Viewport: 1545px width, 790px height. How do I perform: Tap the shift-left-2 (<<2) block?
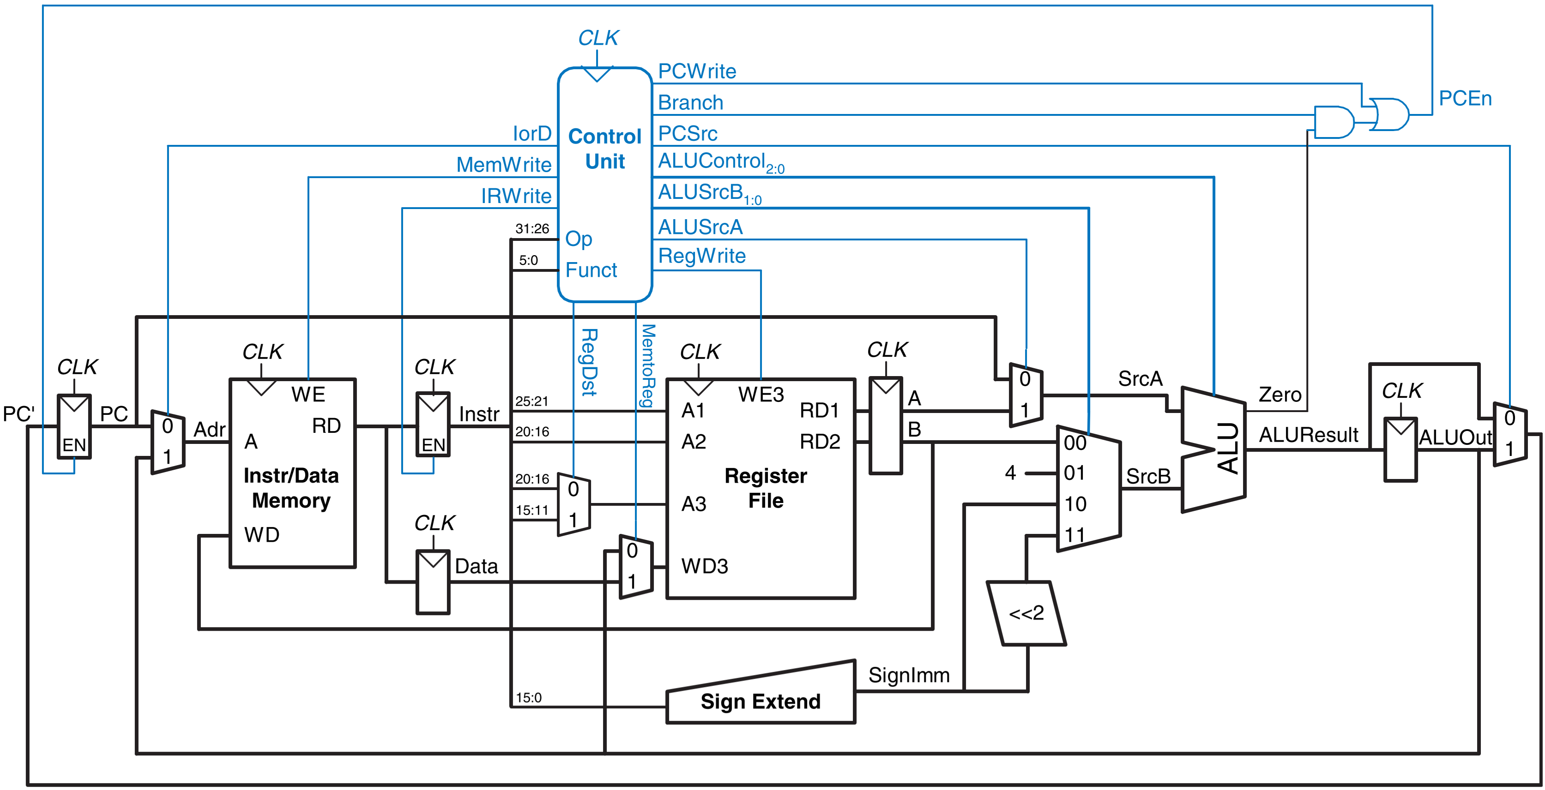1026,613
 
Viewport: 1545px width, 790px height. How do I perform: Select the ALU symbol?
1213,449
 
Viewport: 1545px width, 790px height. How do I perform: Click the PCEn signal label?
1465,98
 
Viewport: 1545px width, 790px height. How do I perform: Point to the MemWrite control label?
504,164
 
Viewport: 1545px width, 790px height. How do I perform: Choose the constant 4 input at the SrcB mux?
1011,473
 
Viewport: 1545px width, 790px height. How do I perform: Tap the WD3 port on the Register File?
705,566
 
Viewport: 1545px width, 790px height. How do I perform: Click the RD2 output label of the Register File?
820,442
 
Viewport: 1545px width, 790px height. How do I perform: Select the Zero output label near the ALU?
1280,395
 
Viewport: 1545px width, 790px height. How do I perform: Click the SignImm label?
909,675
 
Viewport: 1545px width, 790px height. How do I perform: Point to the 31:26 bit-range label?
532,228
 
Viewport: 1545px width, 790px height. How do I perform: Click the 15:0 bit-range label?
528,697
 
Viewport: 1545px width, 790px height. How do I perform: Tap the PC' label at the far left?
18,413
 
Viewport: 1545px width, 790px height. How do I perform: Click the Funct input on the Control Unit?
591,270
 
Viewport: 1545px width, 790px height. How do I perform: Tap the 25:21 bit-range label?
532,401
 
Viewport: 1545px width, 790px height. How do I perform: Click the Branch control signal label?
690,102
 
